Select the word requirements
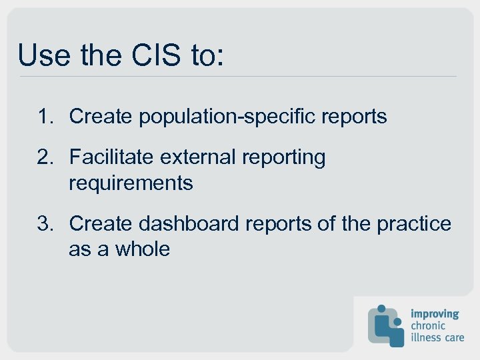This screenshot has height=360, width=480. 131,183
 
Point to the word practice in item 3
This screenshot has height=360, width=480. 414,224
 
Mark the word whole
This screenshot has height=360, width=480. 143,249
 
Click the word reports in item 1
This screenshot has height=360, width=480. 354,117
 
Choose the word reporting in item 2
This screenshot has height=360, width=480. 284,157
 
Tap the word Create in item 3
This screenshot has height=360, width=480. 101,224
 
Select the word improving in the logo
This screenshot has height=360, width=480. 435,313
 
